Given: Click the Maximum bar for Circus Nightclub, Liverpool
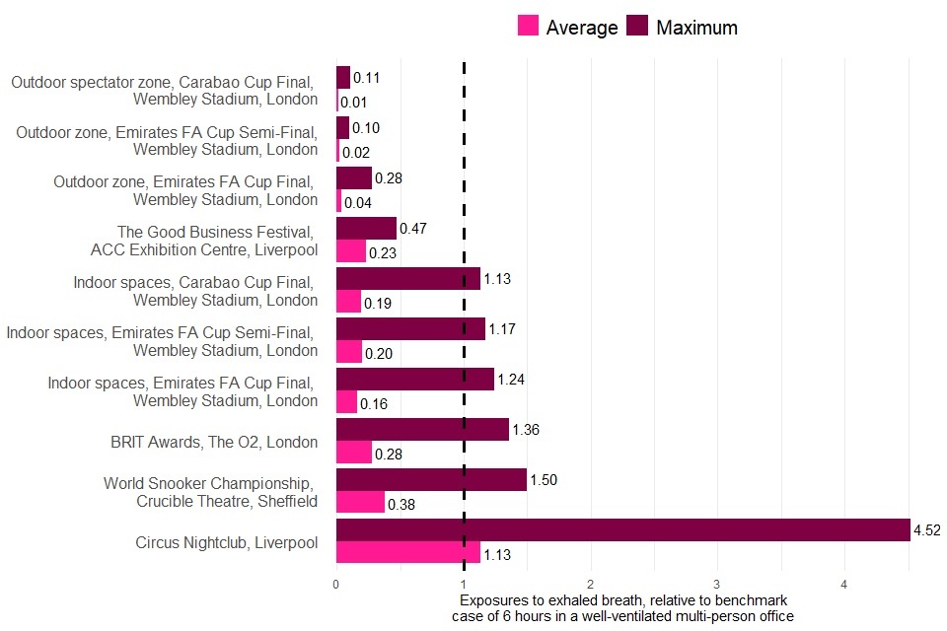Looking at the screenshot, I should pyautogui.click(x=622, y=530).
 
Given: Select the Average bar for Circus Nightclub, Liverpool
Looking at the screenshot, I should pyautogui.click(x=408, y=552).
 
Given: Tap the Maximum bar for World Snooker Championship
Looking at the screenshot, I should pyautogui.click(x=431, y=480).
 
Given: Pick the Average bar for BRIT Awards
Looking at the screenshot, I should pyautogui.click(x=354, y=452).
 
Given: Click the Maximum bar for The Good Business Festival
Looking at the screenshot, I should pyautogui.click(x=366, y=229).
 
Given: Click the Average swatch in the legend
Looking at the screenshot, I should pyautogui.click(x=529, y=27).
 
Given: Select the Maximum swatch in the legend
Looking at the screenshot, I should pyautogui.click(x=637, y=27).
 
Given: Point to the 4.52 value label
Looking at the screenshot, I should pyautogui.click(x=926, y=530).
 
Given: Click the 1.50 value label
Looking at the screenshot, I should pyautogui.click(x=544, y=480).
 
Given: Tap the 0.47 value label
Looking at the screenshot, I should pyautogui.click(x=412, y=229).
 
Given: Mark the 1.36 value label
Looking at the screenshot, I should pyautogui.click(x=526, y=430).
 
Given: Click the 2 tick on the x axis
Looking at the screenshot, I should pyautogui.click(x=590, y=585).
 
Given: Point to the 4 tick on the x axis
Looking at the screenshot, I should pyautogui.click(x=844, y=585).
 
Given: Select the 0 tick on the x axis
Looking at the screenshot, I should pyautogui.click(x=336, y=585).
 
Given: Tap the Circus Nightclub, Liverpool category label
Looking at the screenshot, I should pyautogui.click(x=226, y=541).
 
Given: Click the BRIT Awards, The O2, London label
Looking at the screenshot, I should pyautogui.click(x=214, y=442).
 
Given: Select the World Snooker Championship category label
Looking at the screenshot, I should pyautogui.click(x=210, y=492).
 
